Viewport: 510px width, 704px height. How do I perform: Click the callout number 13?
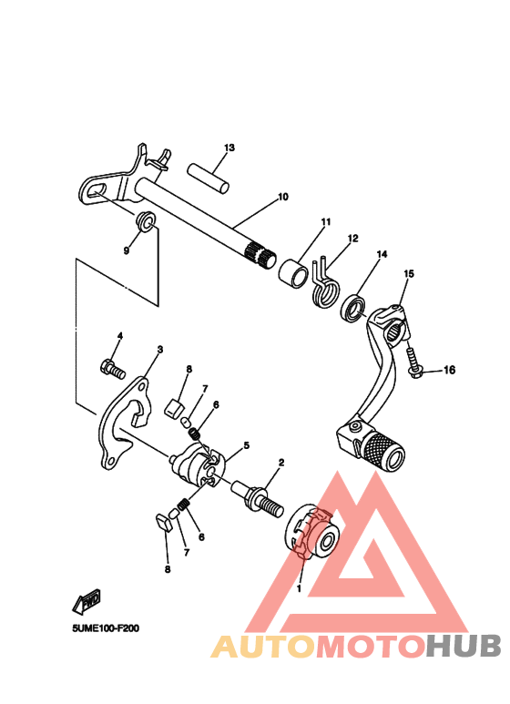click(x=229, y=148)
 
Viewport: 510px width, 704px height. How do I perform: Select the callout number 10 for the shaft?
click(x=283, y=197)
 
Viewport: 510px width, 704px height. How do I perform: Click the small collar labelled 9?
click(x=143, y=221)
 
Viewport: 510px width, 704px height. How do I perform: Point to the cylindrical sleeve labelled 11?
click(x=294, y=271)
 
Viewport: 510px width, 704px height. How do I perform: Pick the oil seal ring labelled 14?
click(x=353, y=308)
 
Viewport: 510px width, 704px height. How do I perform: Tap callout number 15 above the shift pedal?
click(x=409, y=273)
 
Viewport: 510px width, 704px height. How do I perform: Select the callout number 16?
click(x=449, y=371)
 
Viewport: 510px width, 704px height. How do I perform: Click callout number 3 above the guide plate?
click(x=159, y=349)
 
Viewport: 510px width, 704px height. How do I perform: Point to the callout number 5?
click(x=246, y=446)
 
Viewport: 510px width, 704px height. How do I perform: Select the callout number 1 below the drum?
click(x=300, y=587)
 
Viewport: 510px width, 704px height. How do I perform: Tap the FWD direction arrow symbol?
click(x=87, y=600)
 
